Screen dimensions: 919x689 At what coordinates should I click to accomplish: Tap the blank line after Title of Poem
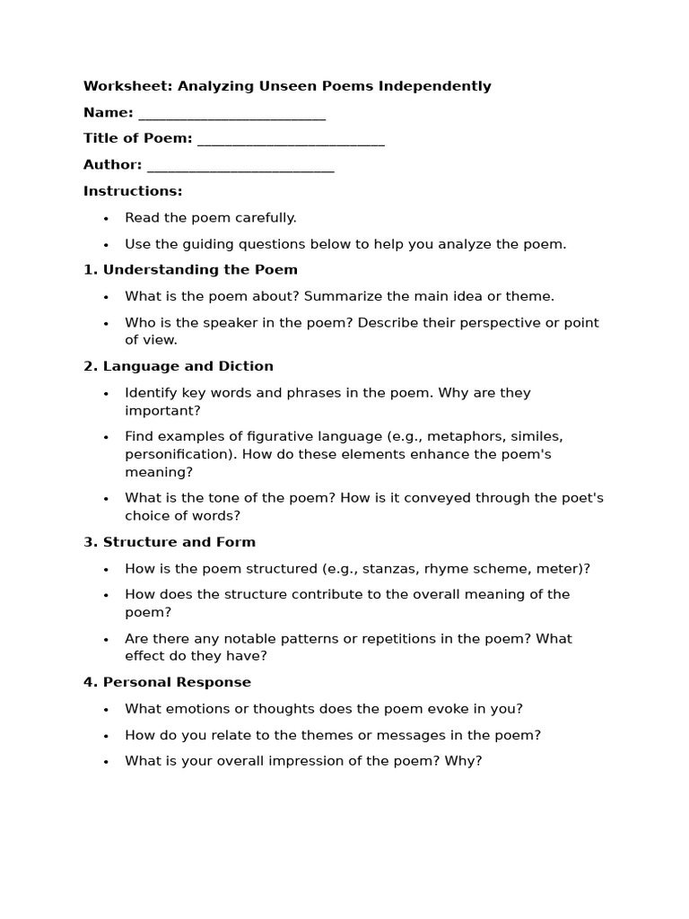click(291, 140)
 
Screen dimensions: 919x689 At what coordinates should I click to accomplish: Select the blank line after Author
click(240, 166)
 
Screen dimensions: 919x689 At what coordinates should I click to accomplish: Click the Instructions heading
click(133, 191)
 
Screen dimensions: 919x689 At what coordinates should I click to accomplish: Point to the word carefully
click(266, 218)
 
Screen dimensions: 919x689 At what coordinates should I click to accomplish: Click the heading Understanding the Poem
click(200, 270)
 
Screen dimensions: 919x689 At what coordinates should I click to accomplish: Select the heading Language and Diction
click(188, 366)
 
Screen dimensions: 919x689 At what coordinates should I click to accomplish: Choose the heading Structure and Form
click(179, 542)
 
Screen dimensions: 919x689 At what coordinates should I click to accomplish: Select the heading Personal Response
click(177, 683)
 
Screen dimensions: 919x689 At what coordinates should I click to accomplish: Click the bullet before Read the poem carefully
click(106, 219)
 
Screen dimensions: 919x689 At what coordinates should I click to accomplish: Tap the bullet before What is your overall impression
click(106, 762)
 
